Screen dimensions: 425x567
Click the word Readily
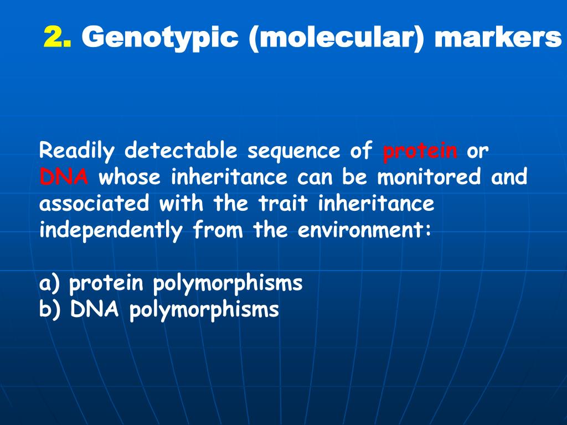click(77, 151)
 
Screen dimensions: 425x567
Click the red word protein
click(420, 151)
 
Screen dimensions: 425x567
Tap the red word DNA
click(64, 178)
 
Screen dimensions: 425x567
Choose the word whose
click(130, 178)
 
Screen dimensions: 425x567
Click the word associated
click(94, 204)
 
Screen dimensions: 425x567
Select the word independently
click(111, 230)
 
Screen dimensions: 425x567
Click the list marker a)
click(50, 284)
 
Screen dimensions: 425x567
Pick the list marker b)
click(50, 310)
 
